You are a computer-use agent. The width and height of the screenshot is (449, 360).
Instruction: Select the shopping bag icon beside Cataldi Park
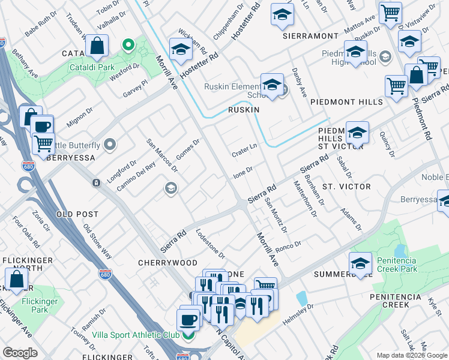point(97,46)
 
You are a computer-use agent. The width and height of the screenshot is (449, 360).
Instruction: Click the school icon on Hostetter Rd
point(180,50)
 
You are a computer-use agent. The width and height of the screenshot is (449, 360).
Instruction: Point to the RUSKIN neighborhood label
point(243,110)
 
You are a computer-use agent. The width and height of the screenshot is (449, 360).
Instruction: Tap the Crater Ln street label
point(245,150)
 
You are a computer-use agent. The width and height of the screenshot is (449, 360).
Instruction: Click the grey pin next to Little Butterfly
point(110,145)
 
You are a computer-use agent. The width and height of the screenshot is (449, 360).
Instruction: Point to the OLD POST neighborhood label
point(77,214)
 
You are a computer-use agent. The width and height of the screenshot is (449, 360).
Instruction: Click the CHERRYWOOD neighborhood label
point(167,263)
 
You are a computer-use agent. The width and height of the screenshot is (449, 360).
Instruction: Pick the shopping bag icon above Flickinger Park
point(17,280)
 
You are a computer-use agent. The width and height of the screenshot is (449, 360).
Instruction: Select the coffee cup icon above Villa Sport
point(188,319)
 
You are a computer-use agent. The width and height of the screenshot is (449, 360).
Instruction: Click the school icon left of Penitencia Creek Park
point(361,263)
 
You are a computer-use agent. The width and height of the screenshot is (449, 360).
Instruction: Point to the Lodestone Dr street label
point(210,243)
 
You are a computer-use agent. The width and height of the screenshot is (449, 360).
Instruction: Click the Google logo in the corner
point(20,353)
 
